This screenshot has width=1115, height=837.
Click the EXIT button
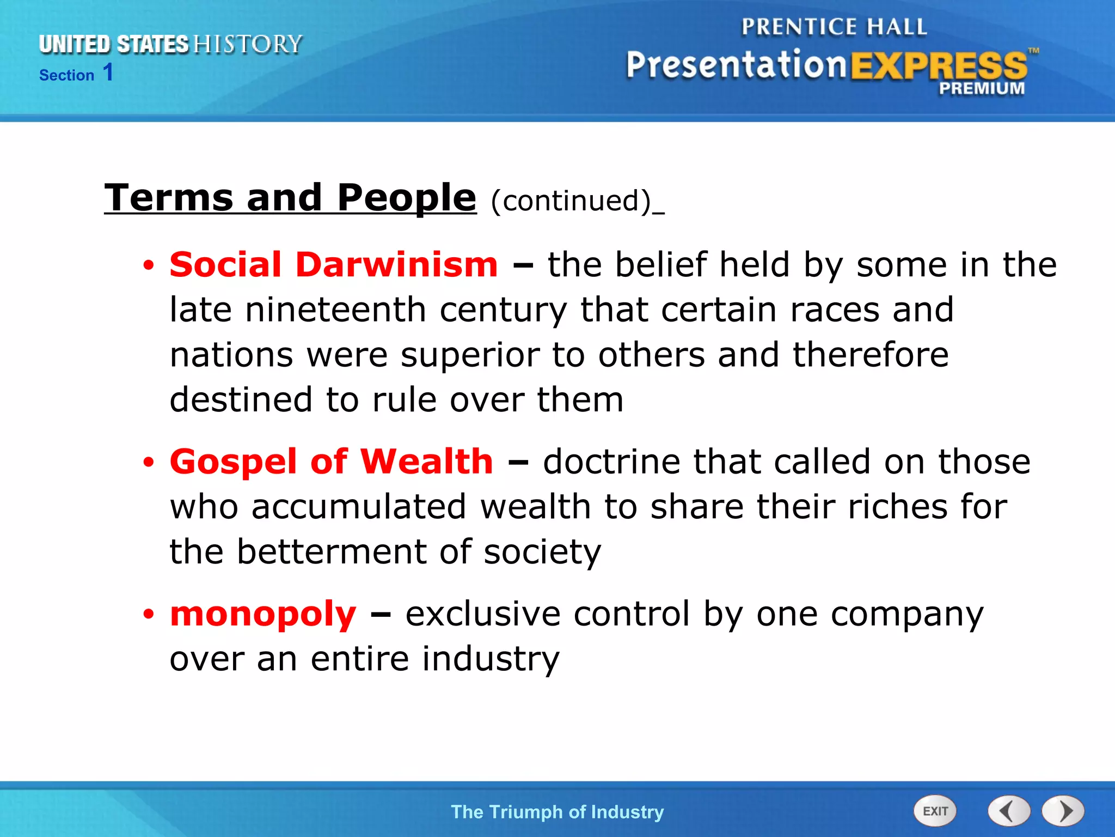pyautogui.click(x=934, y=811)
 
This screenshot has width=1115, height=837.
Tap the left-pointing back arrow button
pyautogui.click(x=1008, y=811)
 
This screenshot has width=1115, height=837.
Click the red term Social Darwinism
pyautogui.click(x=333, y=265)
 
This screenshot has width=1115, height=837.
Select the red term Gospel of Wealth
pyautogui.click(x=331, y=462)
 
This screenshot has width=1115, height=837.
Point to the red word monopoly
pyautogui.click(x=263, y=614)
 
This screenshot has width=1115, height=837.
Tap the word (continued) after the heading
pyautogui.click(x=571, y=201)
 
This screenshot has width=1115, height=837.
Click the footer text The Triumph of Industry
pyautogui.click(x=557, y=812)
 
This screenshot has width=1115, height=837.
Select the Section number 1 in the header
pyautogui.click(x=108, y=72)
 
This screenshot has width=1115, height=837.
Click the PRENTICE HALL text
pyautogui.click(x=834, y=27)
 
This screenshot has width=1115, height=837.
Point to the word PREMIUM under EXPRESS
pyautogui.click(x=981, y=88)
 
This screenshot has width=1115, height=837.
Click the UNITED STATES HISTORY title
pyautogui.click(x=170, y=44)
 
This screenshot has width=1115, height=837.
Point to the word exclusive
pyautogui.click(x=482, y=614)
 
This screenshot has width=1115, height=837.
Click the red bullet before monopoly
pyautogui.click(x=149, y=615)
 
